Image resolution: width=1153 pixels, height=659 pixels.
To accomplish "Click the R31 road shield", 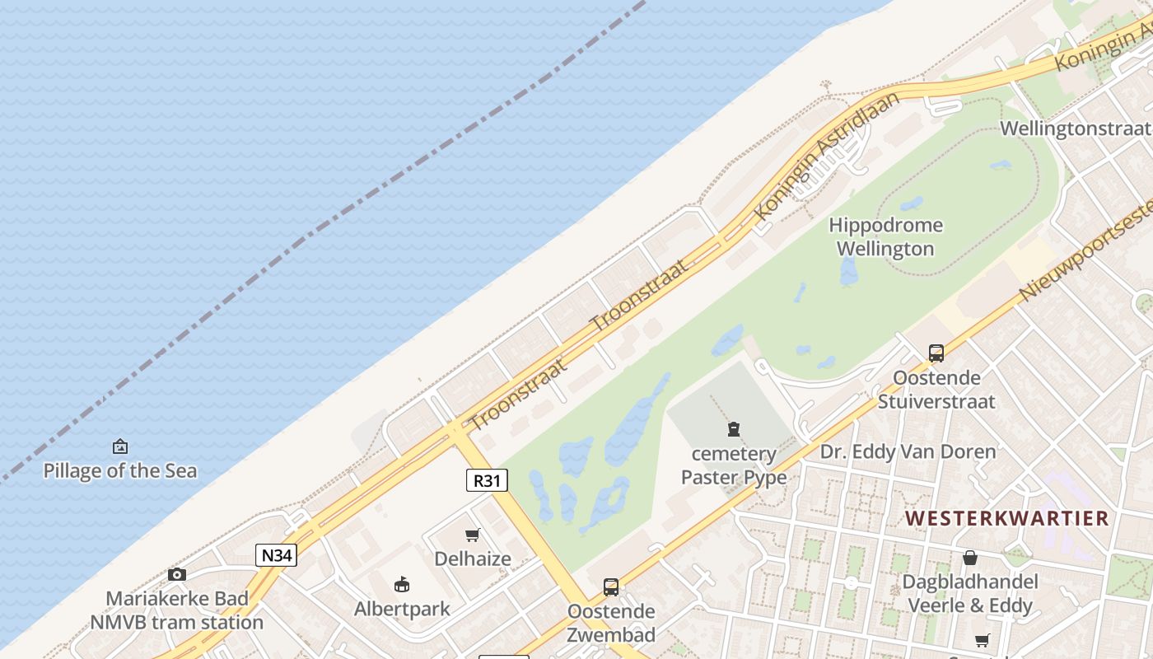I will click(487, 480).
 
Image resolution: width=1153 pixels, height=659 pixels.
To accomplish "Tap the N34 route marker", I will click(276, 555).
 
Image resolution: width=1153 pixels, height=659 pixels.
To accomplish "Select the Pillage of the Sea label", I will click(120, 470).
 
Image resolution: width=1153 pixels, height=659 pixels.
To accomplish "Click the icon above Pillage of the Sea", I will click(120, 447).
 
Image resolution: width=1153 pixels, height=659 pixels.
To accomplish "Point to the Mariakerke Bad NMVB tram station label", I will click(177, 610).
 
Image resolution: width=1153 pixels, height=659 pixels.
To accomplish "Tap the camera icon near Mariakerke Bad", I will click(177, 574).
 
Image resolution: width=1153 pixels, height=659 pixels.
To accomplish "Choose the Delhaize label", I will click(473, 559).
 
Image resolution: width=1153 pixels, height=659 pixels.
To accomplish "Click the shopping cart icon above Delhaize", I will click(473, 535).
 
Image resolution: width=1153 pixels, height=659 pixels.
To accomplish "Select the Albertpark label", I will click(402, 609).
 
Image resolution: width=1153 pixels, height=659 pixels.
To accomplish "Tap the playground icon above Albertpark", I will click(402, 585).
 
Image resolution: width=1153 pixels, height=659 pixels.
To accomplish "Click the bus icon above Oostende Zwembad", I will click(611, 587).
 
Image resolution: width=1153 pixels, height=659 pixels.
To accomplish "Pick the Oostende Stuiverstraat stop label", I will click(936, 390).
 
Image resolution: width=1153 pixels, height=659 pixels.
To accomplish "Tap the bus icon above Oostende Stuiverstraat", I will click(936, 353).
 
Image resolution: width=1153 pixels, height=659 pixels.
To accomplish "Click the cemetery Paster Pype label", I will click(734, 465).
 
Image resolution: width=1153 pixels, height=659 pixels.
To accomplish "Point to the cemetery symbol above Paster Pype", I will click(734, 429).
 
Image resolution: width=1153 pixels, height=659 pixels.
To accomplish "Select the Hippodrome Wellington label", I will click(886, 236).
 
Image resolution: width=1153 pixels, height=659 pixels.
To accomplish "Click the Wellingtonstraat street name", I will click(1075, 129).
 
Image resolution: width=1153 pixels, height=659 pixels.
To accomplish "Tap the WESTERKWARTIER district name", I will click(1007, 518).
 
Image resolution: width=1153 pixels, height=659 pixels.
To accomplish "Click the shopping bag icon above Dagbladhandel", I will click(970, 558).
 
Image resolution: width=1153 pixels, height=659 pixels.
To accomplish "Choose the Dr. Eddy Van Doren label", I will click(908, 451).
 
